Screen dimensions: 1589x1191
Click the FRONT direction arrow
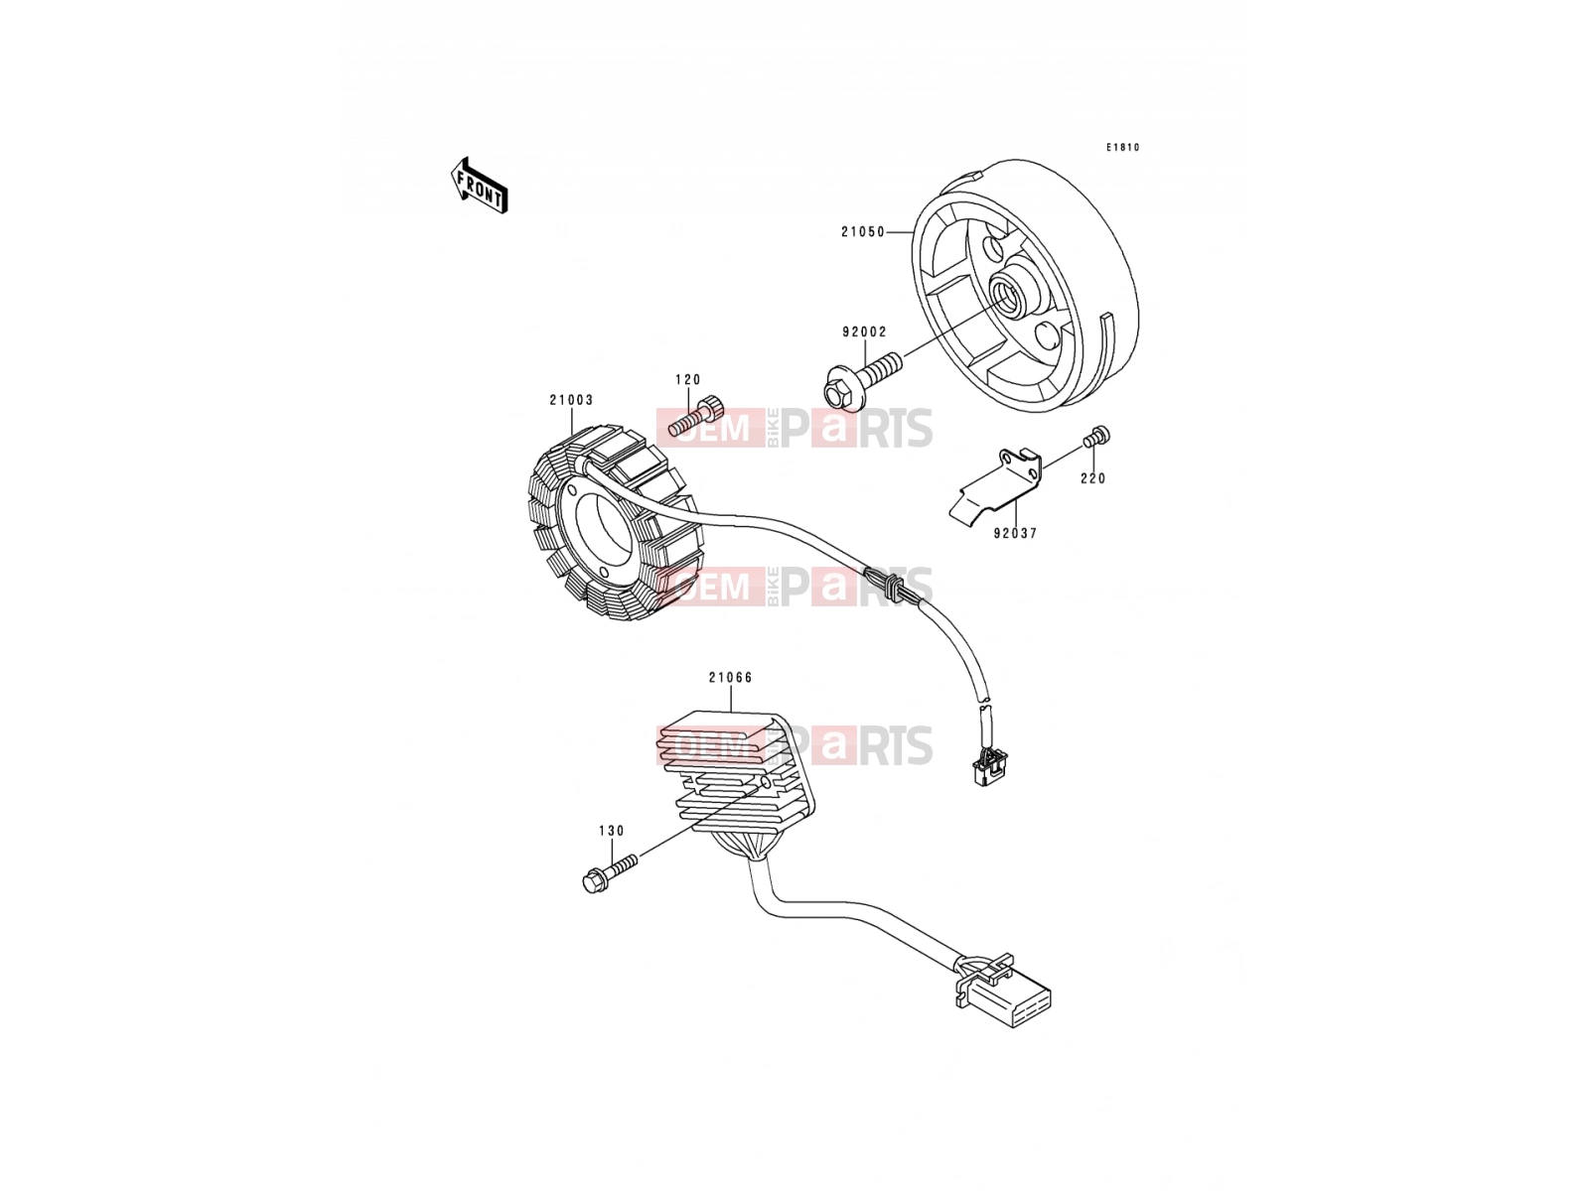click(479, 186)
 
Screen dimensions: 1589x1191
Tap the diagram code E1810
click(1122, 148)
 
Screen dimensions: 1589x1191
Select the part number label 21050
click(863, 232)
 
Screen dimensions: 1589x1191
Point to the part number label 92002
click(864, 331)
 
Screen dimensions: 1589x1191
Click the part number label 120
click(687, 380)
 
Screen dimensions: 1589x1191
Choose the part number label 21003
click(571, 400)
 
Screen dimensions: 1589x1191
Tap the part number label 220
click(1093, 478)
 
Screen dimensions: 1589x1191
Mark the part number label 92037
click(1015, 533)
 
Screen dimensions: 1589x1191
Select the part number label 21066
click(730, 678)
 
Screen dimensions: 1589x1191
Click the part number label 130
click(611, 831)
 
